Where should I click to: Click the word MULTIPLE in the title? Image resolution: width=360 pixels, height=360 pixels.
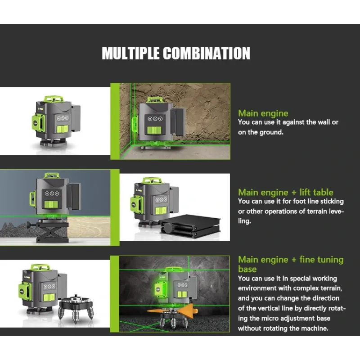tap(130, 53)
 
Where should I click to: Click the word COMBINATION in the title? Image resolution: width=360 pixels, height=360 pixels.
tap(207, 53)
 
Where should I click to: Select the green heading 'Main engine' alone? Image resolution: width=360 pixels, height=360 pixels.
tap(263, 113)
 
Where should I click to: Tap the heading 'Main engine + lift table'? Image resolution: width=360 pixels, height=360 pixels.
tap(286, 192)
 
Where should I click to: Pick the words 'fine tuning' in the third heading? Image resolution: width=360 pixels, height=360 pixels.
tap(321, 260)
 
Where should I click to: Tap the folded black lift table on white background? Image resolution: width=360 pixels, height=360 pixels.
tap(191, 226)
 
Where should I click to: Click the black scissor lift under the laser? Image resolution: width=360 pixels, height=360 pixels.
tap(52, 231)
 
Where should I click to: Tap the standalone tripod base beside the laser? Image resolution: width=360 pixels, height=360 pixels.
tap(76, 309)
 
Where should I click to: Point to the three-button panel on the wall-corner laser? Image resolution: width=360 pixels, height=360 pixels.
tap(155, 119)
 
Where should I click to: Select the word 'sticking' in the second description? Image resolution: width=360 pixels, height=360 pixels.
tap(332, 201)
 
